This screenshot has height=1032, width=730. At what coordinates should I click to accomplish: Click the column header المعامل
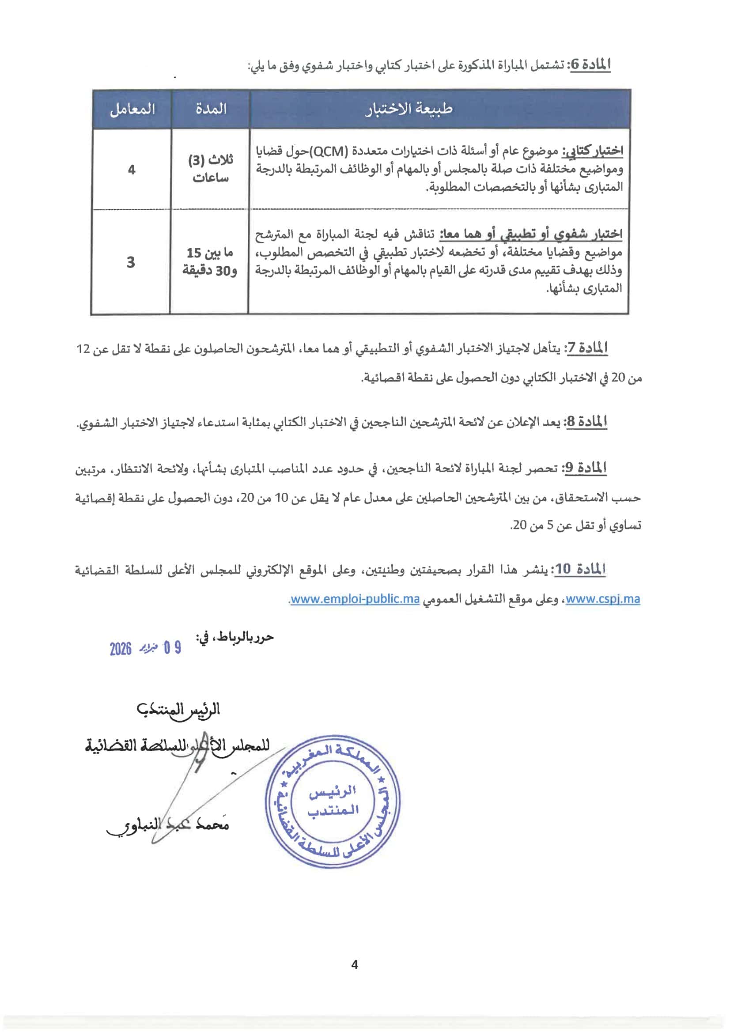coord(132,109)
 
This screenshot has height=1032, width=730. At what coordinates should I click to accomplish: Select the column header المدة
coord(210,109)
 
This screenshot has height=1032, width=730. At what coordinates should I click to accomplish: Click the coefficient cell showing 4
coord(132,170)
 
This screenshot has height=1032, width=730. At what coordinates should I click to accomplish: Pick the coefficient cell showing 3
coord(131,262)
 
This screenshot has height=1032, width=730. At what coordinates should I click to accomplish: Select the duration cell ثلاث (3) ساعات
coord(210,169)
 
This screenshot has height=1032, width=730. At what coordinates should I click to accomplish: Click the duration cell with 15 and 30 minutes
coord(210,261)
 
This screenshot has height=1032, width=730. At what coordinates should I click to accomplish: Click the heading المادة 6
coord(588,65)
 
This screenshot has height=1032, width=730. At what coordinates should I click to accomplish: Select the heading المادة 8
coord(586,422)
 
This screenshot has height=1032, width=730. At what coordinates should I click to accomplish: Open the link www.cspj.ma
coord(602,599)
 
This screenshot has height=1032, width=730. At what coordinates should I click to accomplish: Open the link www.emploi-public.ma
coord(355,599)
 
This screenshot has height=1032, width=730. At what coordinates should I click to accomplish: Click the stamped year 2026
coord(121,649)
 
